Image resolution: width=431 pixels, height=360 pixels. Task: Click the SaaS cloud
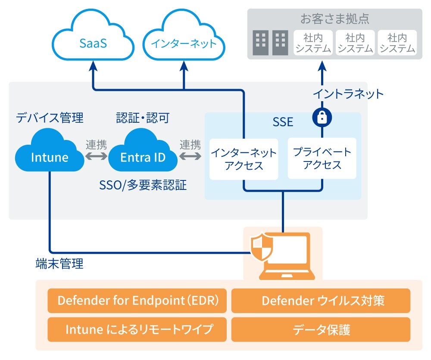[x=93, y=43]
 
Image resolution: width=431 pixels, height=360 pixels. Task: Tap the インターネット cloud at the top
[x=184, y=43]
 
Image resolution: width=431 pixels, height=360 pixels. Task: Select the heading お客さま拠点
[x=334, y=19]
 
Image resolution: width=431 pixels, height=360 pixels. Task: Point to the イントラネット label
[x=348, y=93]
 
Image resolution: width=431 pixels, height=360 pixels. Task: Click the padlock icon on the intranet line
[x=322, y=118]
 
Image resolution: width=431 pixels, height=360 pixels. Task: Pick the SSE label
[x=283, y=122]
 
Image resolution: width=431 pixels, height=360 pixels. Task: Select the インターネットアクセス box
[x=244, y=158]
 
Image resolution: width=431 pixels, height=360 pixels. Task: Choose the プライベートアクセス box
[x=322, y=158]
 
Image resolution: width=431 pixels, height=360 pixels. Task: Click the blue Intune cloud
[x=50, y=156]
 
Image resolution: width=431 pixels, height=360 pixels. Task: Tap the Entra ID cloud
[x=143, y=156]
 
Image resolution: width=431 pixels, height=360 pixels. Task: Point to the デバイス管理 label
[x=50, y=118]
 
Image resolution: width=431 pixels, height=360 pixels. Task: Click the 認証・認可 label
[x=143, y=118]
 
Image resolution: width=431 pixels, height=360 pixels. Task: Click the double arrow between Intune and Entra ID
[x=96, y=157]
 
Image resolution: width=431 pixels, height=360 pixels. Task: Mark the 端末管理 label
[x=59, y=264]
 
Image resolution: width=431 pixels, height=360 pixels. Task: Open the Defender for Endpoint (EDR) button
[x=137, y=300]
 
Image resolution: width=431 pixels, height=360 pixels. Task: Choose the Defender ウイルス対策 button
[x=321, y=300]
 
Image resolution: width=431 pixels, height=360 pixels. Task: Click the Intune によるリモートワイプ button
[x=137, y=329]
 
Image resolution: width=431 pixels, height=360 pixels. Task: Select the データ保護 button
[x=321, y=329]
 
